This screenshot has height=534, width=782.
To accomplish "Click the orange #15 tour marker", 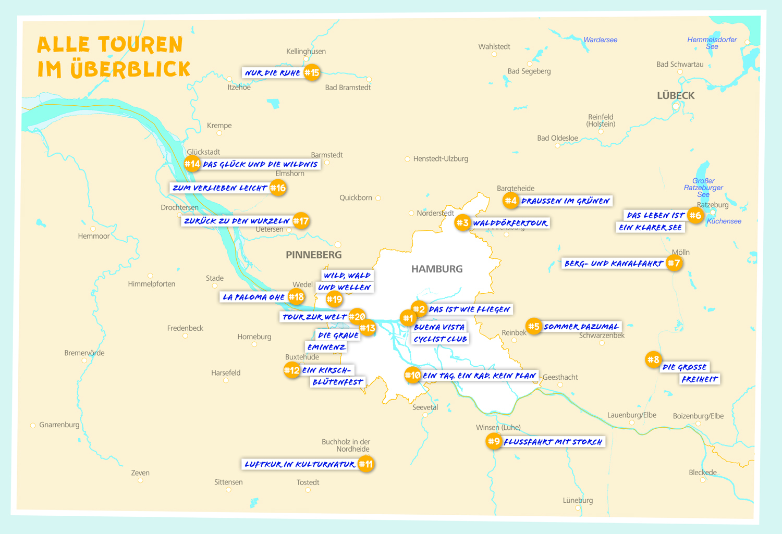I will (312, 72).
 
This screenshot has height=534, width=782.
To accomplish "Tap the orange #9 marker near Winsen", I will (493, 441).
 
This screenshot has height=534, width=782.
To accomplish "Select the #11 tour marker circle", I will (366, 464).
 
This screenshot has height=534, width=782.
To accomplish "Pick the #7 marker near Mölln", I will (674, 263).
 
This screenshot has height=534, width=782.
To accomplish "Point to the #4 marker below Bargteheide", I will (510, 201).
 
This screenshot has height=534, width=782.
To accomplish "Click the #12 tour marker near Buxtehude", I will (291, 370).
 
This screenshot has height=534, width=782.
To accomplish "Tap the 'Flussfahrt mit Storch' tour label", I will (553, 442).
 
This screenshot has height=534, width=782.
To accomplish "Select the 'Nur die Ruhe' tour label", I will (272, 73).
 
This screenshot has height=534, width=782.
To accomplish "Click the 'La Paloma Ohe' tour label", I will (253, 297).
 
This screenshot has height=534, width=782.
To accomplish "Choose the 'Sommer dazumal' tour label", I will (581, 327).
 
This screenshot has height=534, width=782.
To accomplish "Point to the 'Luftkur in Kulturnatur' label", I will (300, 464).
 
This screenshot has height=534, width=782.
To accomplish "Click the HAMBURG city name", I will (437, 269).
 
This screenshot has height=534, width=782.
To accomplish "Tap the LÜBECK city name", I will (676, 95).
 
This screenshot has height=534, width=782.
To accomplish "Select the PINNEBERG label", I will (314, 255).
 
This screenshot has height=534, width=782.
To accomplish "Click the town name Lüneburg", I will (578, 500).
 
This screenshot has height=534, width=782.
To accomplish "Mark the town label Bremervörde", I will (84, 353).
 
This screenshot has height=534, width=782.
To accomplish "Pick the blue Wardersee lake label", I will (600, 40).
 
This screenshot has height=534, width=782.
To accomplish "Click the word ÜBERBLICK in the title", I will (130, 69).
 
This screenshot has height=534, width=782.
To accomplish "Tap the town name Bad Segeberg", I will (529, 71).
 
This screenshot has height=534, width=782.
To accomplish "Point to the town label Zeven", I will (140, 473).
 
